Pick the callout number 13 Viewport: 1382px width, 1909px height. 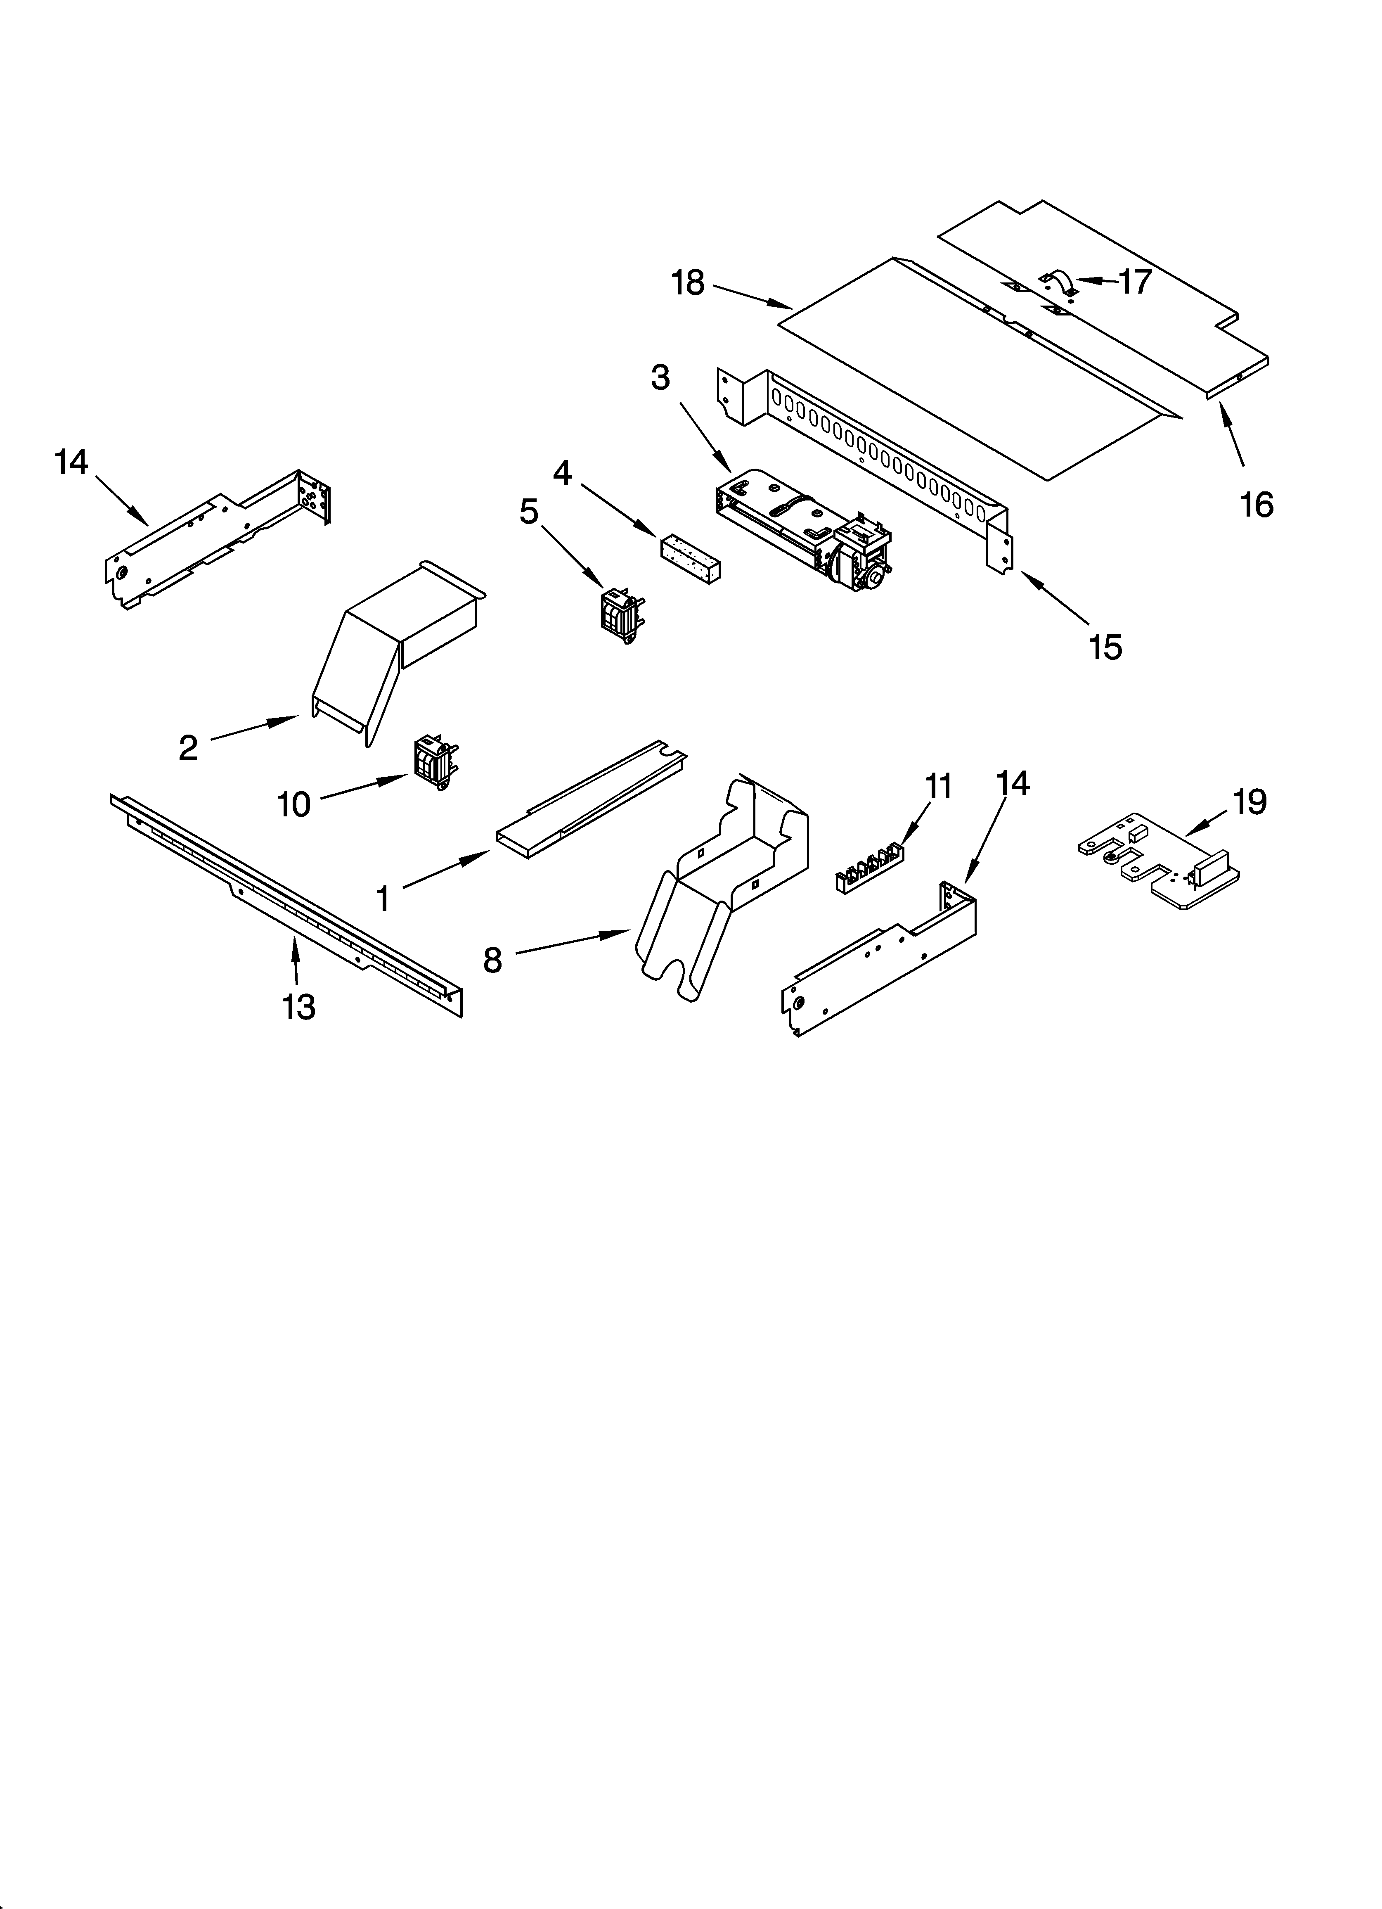(299, 1007)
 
